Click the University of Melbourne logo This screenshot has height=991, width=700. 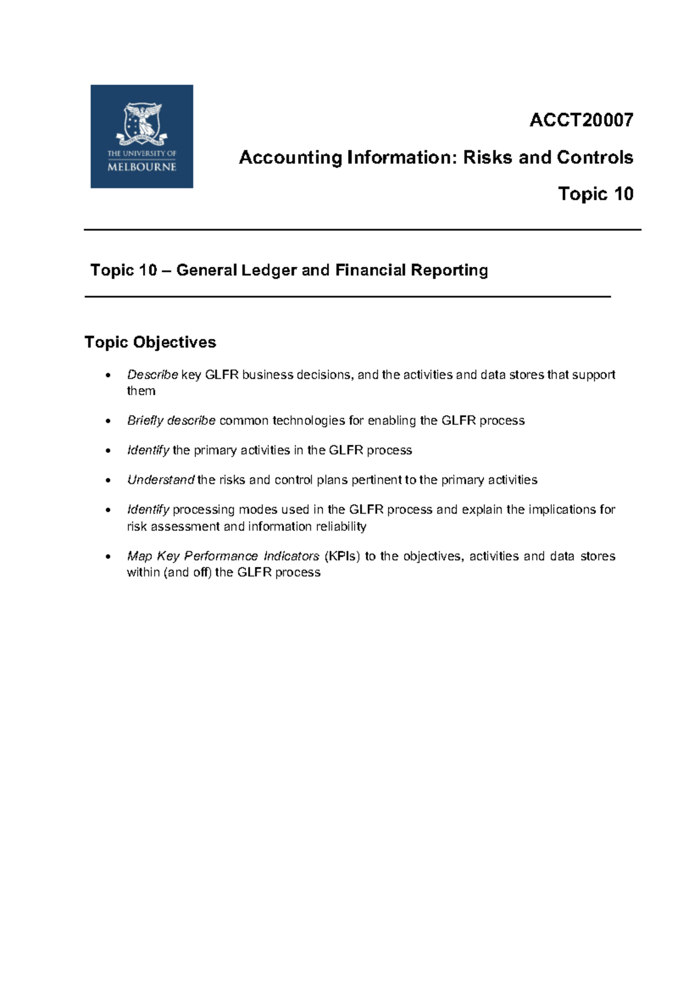click(142, 137)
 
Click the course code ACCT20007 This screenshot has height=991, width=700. click(581, 120)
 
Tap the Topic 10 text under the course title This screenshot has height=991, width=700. click(596, 194)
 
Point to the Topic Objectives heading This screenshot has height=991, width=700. click(150, 342)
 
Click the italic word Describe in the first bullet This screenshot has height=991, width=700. click(152, 375)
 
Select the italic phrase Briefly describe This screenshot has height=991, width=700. click(171, 421)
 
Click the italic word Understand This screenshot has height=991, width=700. click(160, 480)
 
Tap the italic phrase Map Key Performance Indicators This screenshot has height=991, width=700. click(223, 556)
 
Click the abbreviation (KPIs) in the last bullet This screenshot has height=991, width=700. click(342, 556)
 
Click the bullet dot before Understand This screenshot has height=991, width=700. click(107, 480)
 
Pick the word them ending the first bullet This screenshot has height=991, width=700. click(141, 391)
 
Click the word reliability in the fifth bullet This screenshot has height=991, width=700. click(341, 526)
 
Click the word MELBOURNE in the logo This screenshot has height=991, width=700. click(142, 167)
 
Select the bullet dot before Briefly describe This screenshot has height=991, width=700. click(107, 421)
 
